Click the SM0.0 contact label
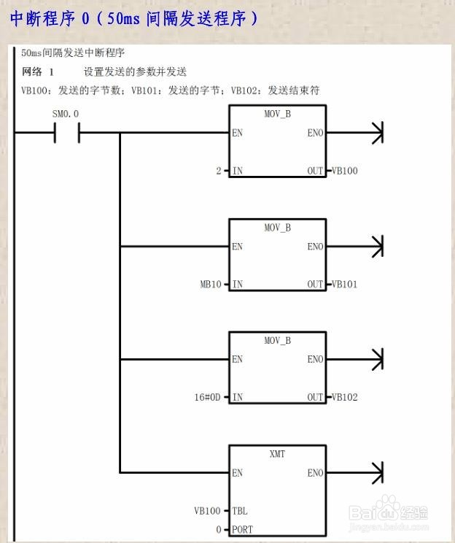click(65, 115)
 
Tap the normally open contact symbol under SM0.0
click(67, 133)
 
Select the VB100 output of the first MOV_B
click(345, 171)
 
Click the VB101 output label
click(345, 284)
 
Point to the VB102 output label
click(345, 398)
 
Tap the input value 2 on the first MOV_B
click(218, 171)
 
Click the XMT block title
click(277, 454)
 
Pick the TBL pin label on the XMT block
click(240, 511)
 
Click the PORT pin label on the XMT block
click(243, 529)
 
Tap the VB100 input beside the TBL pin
click(207, 511)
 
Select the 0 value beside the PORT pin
click(218, 529)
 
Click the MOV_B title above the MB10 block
click(277, 228)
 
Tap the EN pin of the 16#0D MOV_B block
click(237, 360)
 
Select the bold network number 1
click(52, 72)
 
